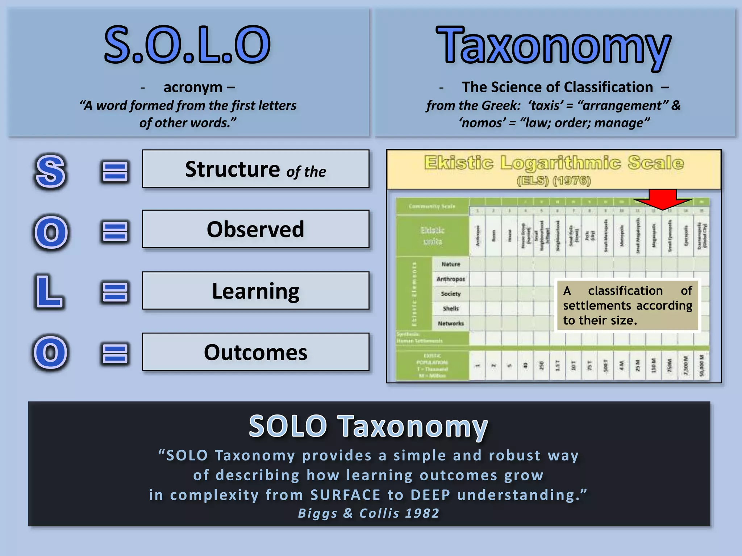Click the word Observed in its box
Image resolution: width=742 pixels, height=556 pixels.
coord(255,229)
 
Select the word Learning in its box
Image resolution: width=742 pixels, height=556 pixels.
coord(255,291)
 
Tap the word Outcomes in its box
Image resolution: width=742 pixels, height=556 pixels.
coord(255,353)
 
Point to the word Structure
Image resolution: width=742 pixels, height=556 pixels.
coord(232,169)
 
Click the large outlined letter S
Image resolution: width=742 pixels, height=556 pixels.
coord(51,172)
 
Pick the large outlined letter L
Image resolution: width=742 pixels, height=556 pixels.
coord(49,292)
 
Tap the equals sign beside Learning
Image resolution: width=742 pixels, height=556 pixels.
coord(115,292)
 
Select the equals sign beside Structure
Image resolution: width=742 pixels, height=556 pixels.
coord(115,171)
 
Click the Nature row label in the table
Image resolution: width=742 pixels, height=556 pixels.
coord(451,264)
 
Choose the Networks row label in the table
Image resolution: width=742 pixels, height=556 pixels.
coord(451,323)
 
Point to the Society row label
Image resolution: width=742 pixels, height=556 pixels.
coord(451,294)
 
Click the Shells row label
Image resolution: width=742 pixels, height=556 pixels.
coord(451,308)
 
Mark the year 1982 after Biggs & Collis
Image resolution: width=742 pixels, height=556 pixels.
coord(422,513)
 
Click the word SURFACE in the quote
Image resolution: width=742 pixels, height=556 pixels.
coord(345,495)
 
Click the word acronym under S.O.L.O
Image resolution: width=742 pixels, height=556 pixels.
coord(193,87)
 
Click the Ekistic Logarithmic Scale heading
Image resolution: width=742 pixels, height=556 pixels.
coord(554,163)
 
